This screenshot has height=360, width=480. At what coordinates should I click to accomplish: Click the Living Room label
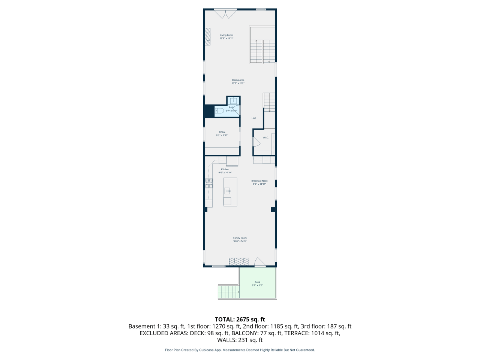(226, 36)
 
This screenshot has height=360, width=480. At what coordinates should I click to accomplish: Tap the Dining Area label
(238, 81)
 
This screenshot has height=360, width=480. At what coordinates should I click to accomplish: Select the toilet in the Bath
(219, 111)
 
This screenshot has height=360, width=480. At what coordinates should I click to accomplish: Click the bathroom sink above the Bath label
(233, 100)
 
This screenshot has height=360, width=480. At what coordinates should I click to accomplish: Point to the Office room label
(222, 133)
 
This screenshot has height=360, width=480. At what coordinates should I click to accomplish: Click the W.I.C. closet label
(265, 138)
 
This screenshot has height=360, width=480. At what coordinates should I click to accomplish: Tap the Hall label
(253, 118)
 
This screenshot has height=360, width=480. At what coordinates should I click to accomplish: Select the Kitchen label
(225, 171)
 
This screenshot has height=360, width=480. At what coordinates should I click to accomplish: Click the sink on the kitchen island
(227, 191)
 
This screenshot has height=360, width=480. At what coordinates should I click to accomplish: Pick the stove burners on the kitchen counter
(209, 183)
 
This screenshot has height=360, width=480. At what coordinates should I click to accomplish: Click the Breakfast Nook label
(259, 182)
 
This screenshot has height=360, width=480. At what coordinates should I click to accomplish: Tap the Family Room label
(240, 239)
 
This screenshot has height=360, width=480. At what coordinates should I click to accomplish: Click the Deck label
(257, 283)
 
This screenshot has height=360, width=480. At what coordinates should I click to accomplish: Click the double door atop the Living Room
(225, 14)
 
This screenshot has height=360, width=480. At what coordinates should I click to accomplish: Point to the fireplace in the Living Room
(208, 37)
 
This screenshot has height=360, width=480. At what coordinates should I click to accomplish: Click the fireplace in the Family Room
(239, 261)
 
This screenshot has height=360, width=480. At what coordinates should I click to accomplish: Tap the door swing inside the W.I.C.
(256, 142)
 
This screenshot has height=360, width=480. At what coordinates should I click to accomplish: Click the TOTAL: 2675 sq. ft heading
(240, 319)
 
